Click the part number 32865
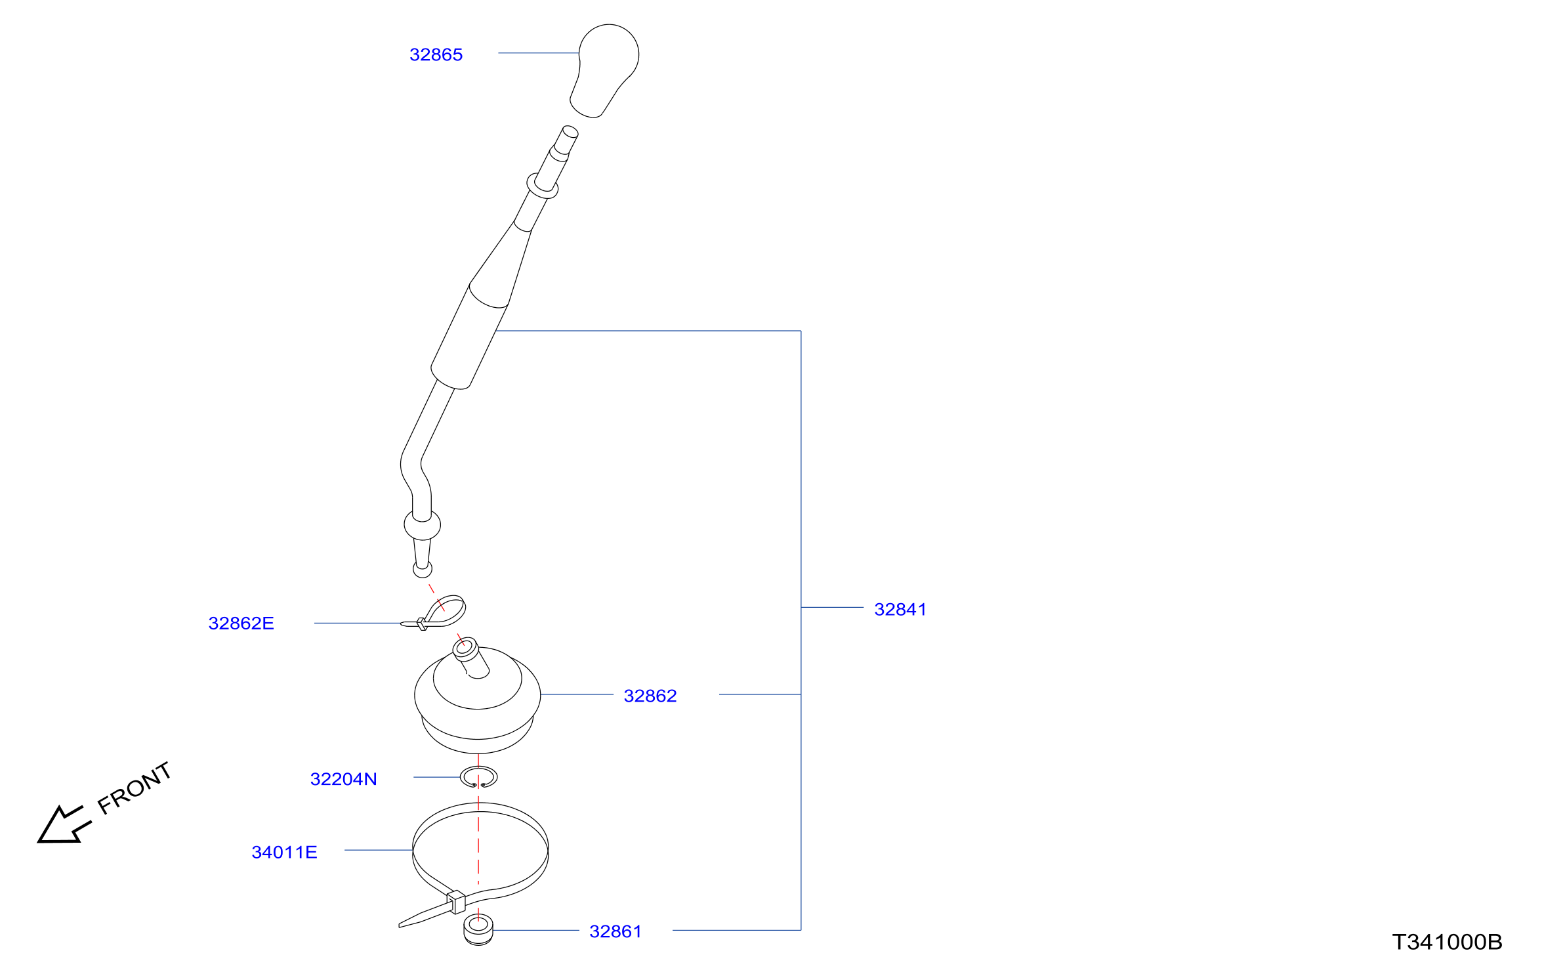pyautogui.click(x=436, y=54)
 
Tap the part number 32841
pyautogui.click(x=900, y=609)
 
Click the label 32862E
pyautogui.click(x=241, y=623)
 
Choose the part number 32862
pyautogui.click(x=650, y=696)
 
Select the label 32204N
pyautogui.click(x=343, y=779)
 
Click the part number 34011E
pyautogui.click(x=284, y=852)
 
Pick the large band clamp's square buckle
pyautogui.click(x=455, y=902)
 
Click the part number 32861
pyautogui.click(x=615, y=931)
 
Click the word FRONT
pyautogui.click(x=135, y=788)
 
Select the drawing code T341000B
pyautogui.click(x=1447, y=942)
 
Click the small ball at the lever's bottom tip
pyautogui.click(x=423, y=569)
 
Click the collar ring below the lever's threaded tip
pyautogui.click(x=543, y=186)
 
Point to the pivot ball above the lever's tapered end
pyautogui.click(x=422, y=524)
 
